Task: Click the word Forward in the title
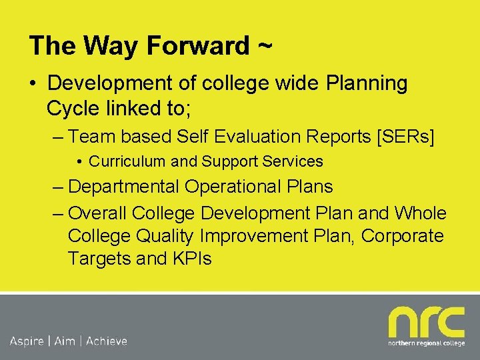[x=197, y=46]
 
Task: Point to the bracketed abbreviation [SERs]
[x=405, y=137]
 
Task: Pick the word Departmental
[x=123, y=187]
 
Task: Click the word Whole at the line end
[x=420, y=213]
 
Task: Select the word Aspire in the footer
[x=27, y=341]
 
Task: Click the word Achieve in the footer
[x=106, y=341]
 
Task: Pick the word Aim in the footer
[x=65, y=341]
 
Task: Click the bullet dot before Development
[x=32, y=85]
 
